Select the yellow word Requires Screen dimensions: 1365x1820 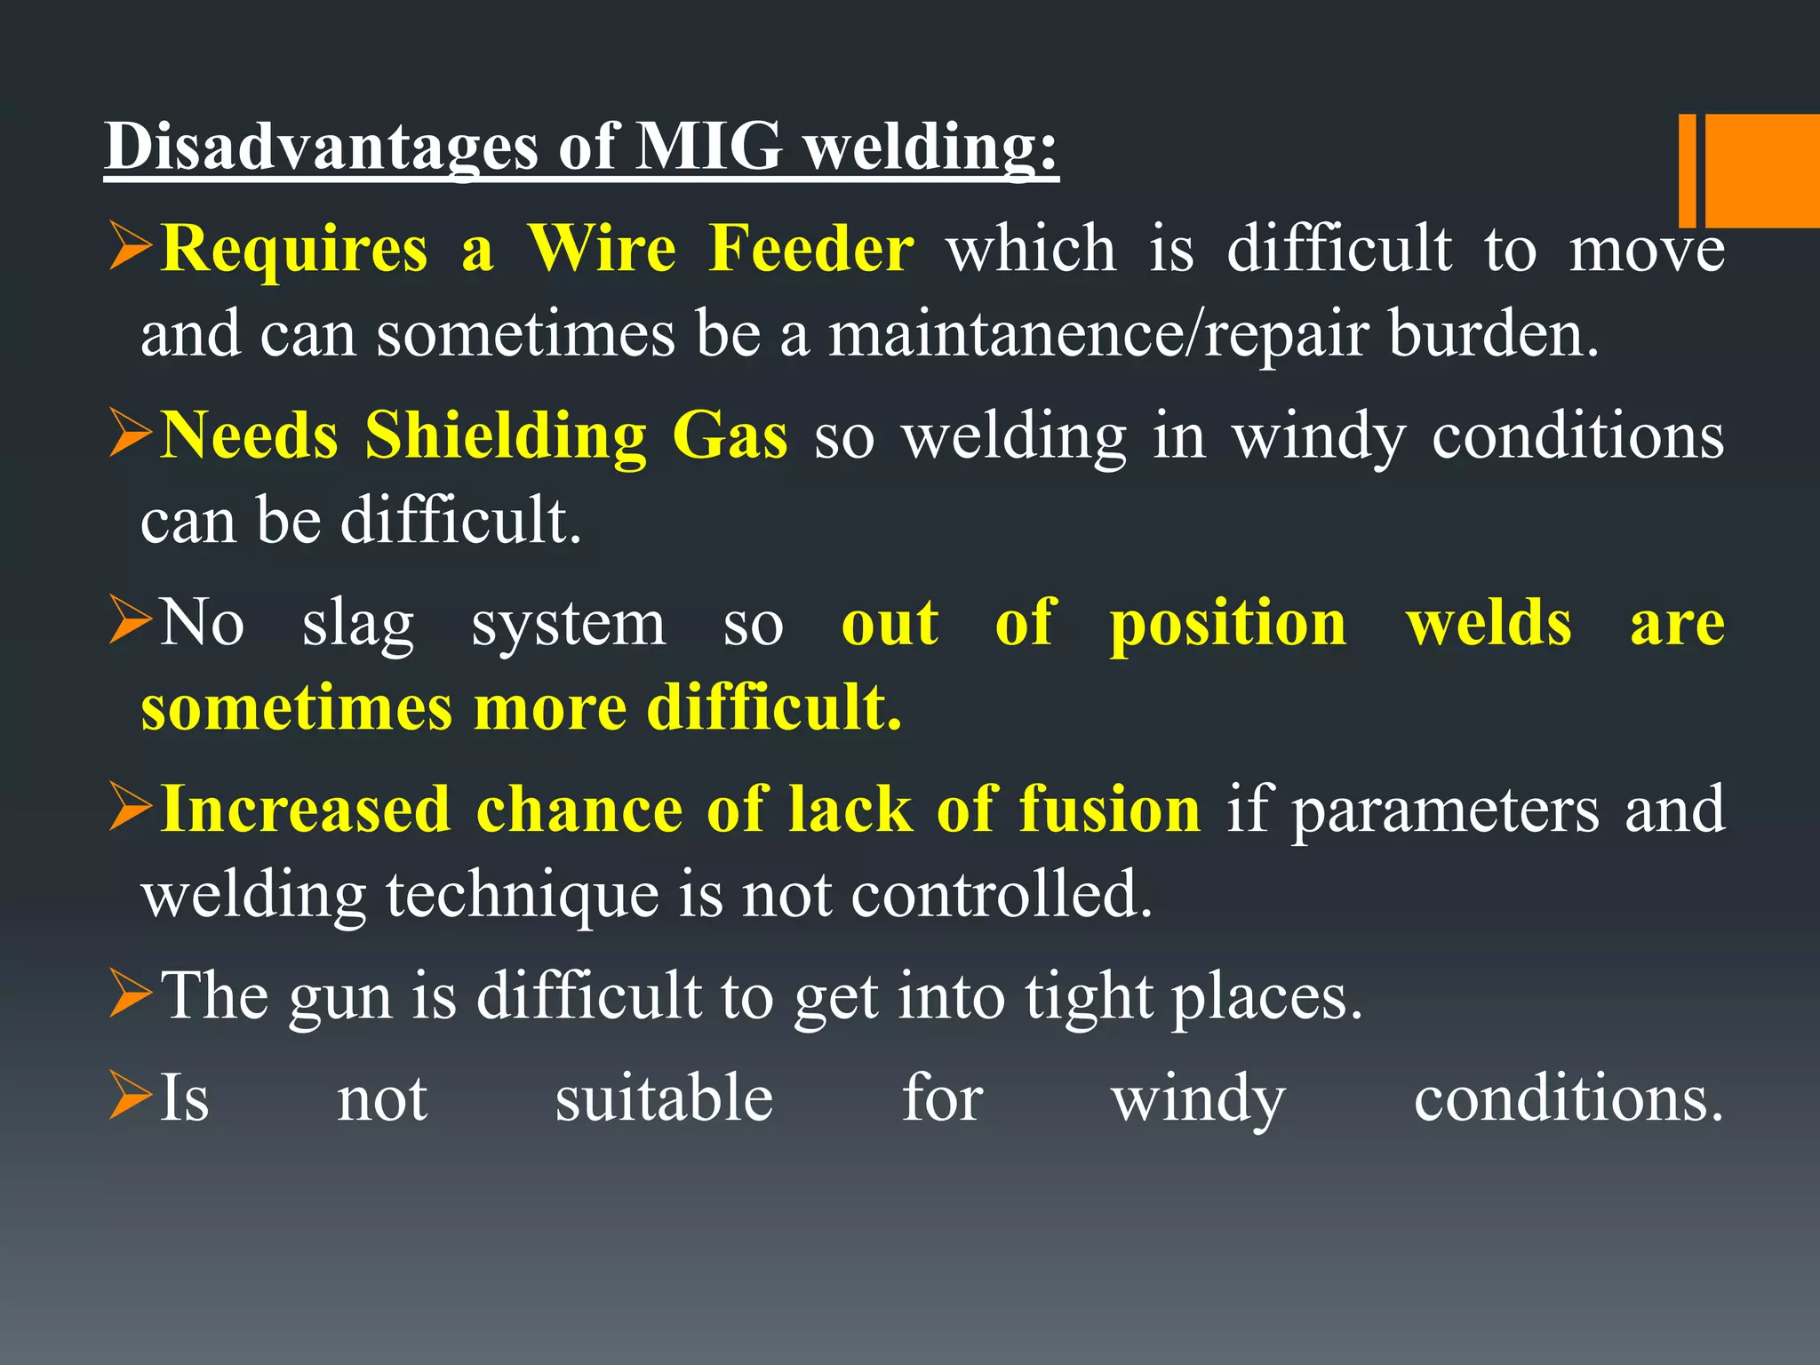(x=294, y=250)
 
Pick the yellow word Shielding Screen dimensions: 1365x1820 (x=506, y=436)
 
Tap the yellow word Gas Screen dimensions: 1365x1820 (x=730, y=436)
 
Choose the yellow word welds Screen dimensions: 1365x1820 (x=1489, y=623)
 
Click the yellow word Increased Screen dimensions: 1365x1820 (x=306, y=810)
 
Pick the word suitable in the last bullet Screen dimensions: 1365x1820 (x=664, y=1098)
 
